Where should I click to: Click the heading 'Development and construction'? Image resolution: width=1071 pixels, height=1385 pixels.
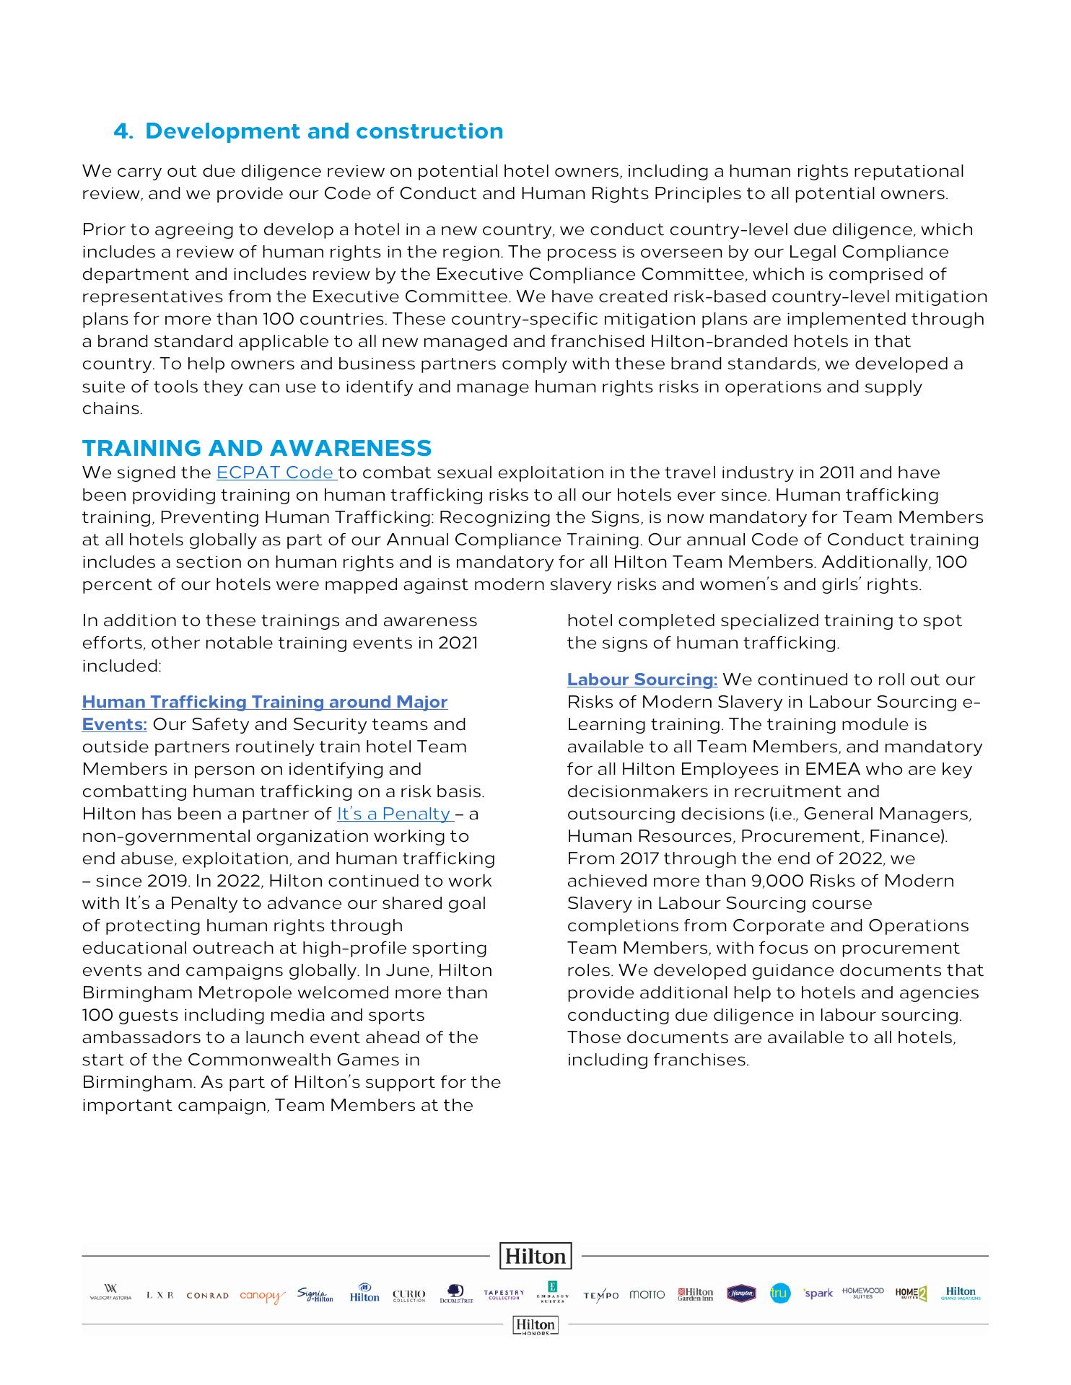[324, 131]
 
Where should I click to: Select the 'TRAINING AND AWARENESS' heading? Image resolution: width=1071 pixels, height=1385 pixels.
[257, 448]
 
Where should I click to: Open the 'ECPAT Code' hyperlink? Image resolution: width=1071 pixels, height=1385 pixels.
[276, 473]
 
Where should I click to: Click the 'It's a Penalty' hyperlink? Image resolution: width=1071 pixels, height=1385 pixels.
[394, 814]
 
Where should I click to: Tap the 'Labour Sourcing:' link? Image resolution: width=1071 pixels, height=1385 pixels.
[642, 680]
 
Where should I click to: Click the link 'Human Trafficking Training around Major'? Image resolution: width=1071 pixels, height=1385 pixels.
[264, 702]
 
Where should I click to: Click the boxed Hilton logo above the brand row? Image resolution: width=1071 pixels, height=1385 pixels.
[535, 1256]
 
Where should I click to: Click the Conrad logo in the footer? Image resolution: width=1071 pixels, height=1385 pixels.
[207, 1296]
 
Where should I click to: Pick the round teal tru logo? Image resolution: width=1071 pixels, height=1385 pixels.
[779, 1294]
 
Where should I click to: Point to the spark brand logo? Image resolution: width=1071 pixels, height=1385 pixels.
[818, 1293]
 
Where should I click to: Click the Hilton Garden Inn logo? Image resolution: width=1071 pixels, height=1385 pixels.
[695, 1294]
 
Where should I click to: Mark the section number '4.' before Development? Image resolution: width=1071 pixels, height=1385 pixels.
[123, 131]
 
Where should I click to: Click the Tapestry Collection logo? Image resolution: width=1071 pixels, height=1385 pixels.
[504, 1294]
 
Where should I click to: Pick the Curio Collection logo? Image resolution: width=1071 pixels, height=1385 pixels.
[408, 1296]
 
